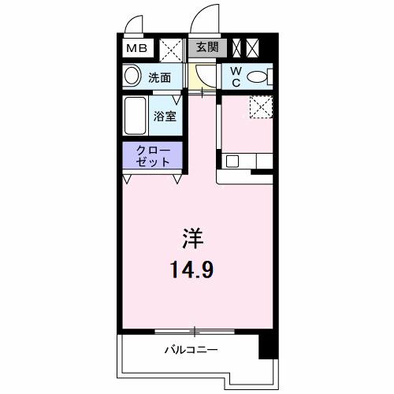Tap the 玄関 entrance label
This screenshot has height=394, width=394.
click(x=206, y=48)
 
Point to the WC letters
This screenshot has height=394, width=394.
click(x=235, y=76)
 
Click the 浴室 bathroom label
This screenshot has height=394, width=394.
click(x=165, y=116)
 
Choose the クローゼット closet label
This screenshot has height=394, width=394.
click(x=152, y=155)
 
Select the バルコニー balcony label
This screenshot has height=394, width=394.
click(x=191, y=349)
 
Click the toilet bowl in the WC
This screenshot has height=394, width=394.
click(x=258, y=76)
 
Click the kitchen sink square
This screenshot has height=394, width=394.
click(x=232, y=162)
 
